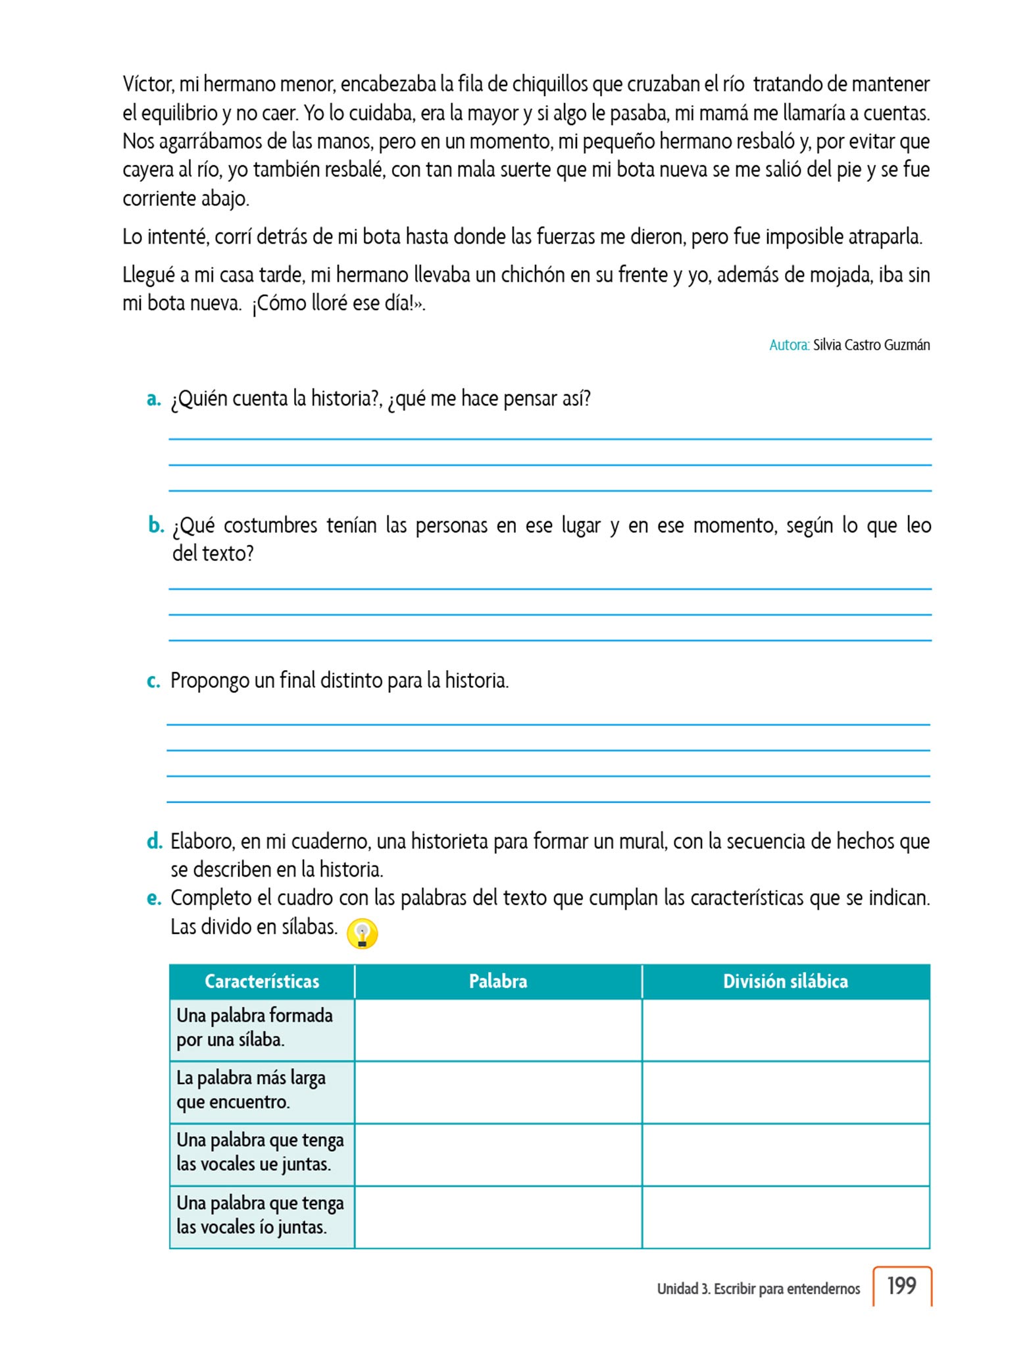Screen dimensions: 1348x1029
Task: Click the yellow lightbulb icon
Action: [362, 933]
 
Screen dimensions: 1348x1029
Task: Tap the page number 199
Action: [901, 1285]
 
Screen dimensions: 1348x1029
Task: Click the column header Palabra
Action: [498, 981]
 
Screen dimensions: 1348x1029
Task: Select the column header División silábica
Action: [785, 981]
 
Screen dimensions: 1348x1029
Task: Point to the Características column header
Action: [262, 981]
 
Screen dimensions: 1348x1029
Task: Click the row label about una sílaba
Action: [255, 1027]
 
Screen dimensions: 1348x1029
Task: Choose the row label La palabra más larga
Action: [251, 1090]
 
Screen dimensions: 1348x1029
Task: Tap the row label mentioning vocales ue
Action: [260, 1152]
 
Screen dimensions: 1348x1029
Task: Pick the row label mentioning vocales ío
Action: [260, 1215]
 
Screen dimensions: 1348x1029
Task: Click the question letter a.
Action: [153, 399]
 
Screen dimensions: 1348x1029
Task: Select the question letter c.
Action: [153, 681]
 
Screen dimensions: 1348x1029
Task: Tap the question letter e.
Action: [154, 898]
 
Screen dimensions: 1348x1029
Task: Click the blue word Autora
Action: [789, 345]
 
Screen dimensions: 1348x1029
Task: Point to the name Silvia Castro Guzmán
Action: [871, 345]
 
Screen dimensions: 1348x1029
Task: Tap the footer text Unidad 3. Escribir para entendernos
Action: [758, 1289]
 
